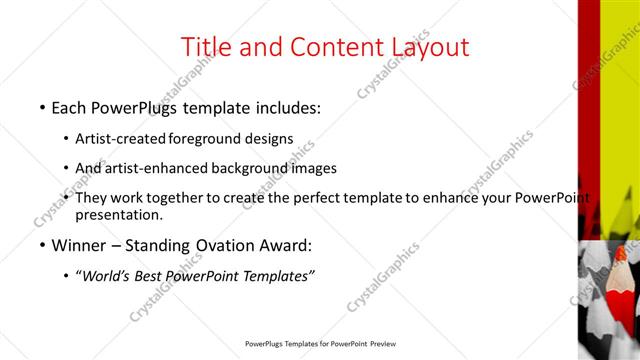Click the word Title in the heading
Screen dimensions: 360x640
207,46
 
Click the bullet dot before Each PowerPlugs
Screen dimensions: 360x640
42,106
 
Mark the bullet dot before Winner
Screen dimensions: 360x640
42,246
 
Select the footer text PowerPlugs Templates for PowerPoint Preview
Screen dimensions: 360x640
319,344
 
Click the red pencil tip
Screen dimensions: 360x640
621,256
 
